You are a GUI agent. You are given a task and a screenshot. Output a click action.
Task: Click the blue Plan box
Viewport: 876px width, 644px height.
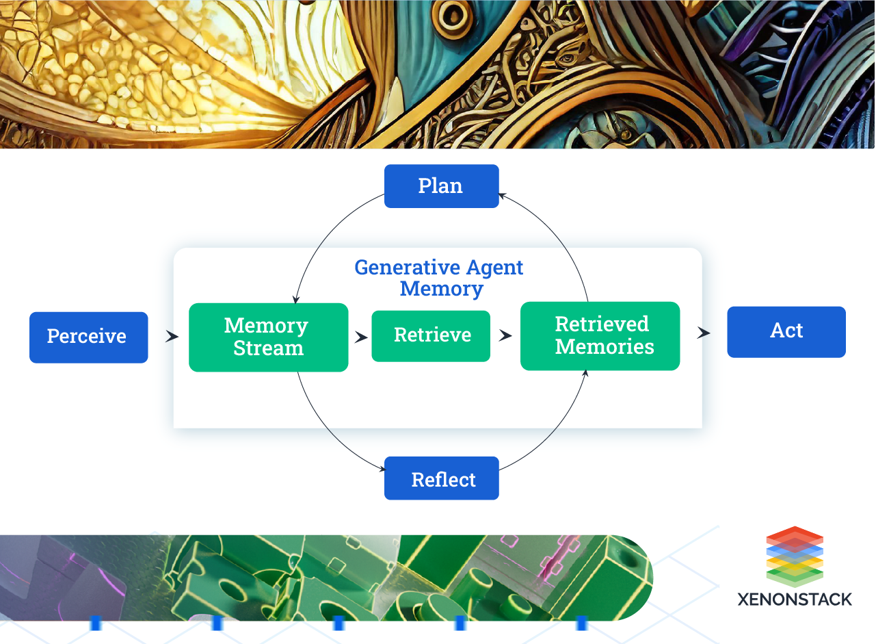click(441, 186)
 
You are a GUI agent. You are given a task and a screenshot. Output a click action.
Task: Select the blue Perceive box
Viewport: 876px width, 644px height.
click(88, 337)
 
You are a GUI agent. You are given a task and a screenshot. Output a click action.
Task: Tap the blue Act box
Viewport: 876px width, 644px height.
click(786, 331)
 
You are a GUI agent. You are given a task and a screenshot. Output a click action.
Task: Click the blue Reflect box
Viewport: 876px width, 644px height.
click(442, 479)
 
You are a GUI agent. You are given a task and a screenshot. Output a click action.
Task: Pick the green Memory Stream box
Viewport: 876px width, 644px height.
click(268, 337)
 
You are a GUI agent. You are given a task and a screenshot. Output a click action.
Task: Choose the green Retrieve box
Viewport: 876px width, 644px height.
click(431, 335)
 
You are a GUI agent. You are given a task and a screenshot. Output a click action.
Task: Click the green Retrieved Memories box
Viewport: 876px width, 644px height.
click(600, 335)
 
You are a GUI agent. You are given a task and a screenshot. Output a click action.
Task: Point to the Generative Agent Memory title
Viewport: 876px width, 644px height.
click(439, 277)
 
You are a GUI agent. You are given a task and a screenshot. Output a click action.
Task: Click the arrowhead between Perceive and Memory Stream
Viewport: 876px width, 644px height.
click(172, 337)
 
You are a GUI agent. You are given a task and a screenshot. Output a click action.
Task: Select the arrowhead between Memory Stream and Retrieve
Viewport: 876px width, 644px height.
click(361, 337)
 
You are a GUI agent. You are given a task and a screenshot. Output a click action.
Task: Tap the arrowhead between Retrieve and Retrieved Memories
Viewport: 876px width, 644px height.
click(505, 335)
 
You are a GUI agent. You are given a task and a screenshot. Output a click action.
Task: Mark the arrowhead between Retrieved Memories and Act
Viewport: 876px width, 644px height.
click(704, 333)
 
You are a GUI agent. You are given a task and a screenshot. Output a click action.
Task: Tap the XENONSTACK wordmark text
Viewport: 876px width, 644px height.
click(795, 600)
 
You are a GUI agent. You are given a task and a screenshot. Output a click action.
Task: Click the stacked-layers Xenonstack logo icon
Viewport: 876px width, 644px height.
click(795, 556)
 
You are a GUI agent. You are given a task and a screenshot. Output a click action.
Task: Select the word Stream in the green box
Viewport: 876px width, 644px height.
click(268, 348)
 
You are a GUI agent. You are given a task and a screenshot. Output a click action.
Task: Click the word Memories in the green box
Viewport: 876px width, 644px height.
click(605, 347)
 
